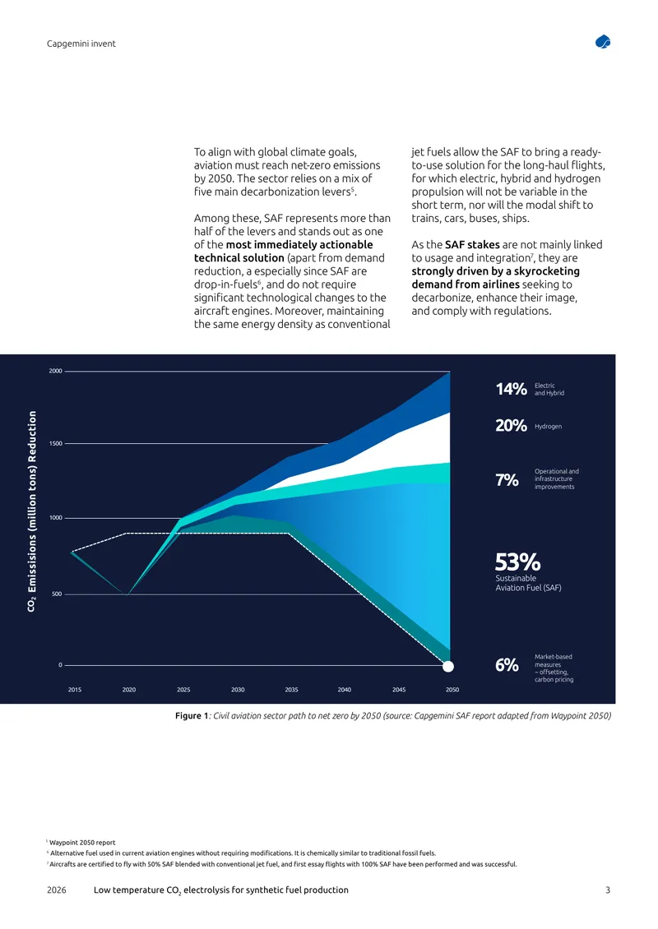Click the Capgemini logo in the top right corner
(x=603, y=42)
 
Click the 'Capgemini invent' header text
(x=81, y=44)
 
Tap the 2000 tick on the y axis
(x=55, y=372)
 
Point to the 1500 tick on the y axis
(x=56, y=444)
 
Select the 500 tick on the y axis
(x=57, y=594)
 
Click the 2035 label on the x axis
(x=292, y=690)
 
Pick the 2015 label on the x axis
(x=75, y=690)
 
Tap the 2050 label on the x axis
(x=452, y=690)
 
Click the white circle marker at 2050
(x=449, y=667)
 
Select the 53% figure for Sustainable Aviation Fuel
(x=517, y=562)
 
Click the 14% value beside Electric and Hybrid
(x=511, y=389)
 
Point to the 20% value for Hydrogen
(x=511, y=425)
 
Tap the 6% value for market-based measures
(x=507, y=665)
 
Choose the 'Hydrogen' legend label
(x=548, y=427)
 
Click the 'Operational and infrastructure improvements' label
(x=557, y=479)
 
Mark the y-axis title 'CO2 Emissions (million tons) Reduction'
(x=32, y=511)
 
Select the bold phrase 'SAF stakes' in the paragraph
(x=472, y=245)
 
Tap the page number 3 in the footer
(x=608, y=890)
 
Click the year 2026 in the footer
(x=56, y=890)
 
